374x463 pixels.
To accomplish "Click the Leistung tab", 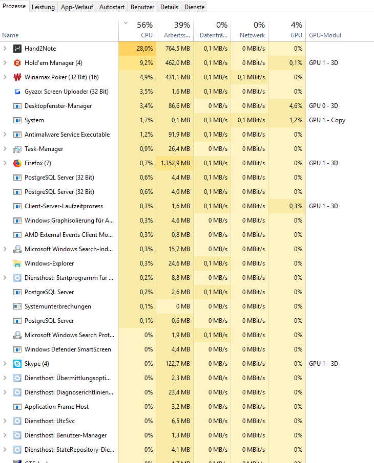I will pyautogui.click(x=43, y=7).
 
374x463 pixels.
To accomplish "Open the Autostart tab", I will pyautogui.click(x=111, y=7).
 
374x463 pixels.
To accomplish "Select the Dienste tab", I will pyautogui.click(x=195, y=7).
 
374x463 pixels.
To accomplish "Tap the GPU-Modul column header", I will pyautogui.click(x=325, y=35).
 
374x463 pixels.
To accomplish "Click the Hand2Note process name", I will pyautogui.click(x=40, y=49).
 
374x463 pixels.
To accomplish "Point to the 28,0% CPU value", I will pyautogui.click(x=144, y=49).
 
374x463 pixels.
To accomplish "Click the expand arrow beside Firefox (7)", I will pyautogui.click(x=5, y=163).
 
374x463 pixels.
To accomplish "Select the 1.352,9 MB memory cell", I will pyautogui.click(x=177, y=163).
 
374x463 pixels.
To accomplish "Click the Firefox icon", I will pyautogui.click(x=17, y=163).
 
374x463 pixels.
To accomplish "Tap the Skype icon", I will pyautogui.click(x=17, y=364).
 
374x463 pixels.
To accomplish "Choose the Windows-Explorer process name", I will pyautogui.click(x=49, y=263).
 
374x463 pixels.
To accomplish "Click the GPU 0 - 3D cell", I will pyautogui.click(x=323, y=106).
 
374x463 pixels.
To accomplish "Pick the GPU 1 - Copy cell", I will pyautogui.click(x=327, y=120).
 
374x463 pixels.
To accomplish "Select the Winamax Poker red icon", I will pyautogui.click(x=17, y=77).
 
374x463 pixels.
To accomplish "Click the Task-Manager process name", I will pyautogui.click(x=44, y=149).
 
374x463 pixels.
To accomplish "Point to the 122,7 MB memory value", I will pyautogui.click(x=178, y=364).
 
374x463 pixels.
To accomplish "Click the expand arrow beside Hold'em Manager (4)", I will pyautogui.click(x=5, y=63).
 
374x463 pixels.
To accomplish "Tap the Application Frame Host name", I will pyautogui.click(x=56, y=407).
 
